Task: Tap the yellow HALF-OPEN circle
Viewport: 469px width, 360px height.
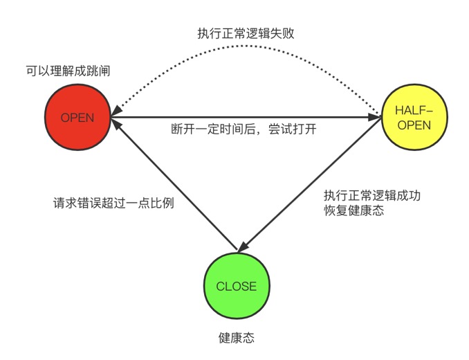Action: point(413,117)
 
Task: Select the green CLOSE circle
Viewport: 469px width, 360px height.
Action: point(236,286)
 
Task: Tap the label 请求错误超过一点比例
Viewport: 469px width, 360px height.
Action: point(113,204)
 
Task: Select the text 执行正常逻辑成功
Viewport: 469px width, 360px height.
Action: point(371,195)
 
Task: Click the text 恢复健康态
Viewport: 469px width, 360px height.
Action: point(353,210)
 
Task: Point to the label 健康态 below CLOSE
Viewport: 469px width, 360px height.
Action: point(236,338)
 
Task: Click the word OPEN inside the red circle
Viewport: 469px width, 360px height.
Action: point(77,117)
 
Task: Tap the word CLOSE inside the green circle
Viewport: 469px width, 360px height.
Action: point(236,287)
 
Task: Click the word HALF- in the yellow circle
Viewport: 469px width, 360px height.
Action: point(413,110)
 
